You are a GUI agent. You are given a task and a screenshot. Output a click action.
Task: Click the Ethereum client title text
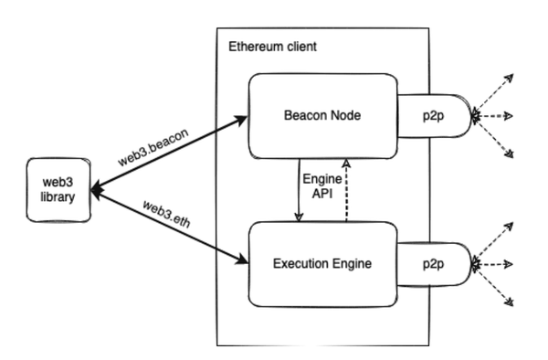pos(266,44)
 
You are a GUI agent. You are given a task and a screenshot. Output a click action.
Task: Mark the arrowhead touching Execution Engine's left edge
pos(244,261)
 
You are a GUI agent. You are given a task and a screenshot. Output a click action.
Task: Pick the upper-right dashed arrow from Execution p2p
pos(494,240)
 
